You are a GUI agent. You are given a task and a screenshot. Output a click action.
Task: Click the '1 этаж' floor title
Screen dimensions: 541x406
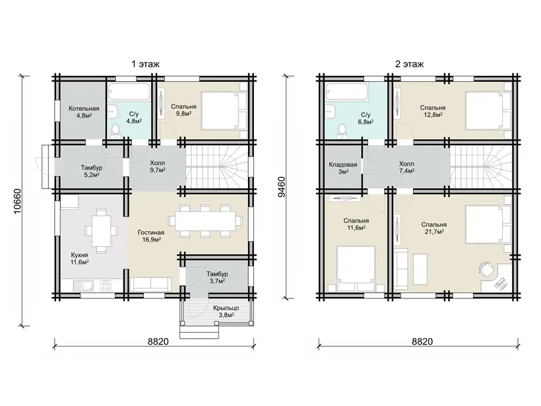click(x=145, y=64)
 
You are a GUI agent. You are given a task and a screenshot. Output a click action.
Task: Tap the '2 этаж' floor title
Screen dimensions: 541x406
click(x=409, y=64)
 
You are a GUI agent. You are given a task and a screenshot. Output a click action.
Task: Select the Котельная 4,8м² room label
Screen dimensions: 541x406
click(x=84, y=112)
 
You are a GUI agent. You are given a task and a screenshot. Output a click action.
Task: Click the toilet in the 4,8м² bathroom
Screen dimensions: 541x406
click(x=115, y=131)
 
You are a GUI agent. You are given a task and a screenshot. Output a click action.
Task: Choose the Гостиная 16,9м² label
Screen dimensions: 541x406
click(x=151, y=236)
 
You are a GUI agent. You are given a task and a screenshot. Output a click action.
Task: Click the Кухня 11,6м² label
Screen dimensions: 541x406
click(x=80, y=259)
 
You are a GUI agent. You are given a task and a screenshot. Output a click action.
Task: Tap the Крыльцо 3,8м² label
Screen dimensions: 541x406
click(x=226, y=312)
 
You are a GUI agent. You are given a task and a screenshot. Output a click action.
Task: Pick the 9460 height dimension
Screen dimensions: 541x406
click(x=282, y=187)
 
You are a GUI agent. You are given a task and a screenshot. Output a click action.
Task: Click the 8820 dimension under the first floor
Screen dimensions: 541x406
click(x=158, y=341)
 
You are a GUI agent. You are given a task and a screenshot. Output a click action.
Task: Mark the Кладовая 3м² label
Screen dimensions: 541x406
click(x=343, y=168)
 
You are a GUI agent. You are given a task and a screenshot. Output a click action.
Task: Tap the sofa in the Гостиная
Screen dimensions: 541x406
click(x=151, y=284)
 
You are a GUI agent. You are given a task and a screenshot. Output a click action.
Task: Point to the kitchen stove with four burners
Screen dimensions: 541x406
click(x=106, y=285)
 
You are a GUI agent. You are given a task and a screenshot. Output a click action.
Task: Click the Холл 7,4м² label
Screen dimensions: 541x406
click(x=406, y=167)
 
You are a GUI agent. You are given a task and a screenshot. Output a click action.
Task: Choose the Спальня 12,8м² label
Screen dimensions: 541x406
click(x=433, y=111)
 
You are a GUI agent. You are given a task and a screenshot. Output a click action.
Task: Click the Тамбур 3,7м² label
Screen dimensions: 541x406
click(x=217, y=277)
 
